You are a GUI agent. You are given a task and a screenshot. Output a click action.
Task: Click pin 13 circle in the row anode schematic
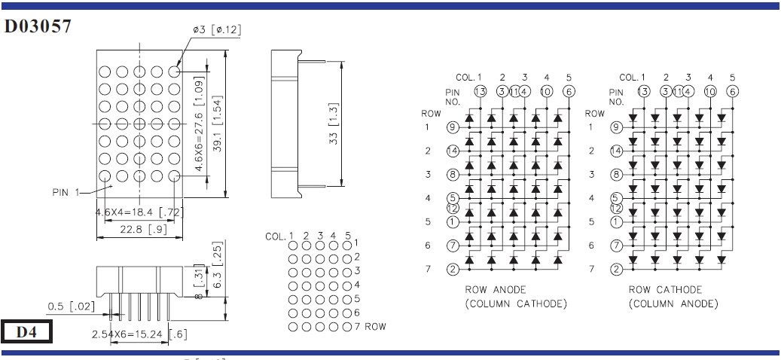(480, 92)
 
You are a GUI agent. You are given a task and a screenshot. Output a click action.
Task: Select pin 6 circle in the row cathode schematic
(731, 92)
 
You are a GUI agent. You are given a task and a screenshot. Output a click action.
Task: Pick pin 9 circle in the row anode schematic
(452, 127)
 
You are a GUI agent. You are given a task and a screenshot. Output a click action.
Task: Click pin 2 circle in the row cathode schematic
(616, 269)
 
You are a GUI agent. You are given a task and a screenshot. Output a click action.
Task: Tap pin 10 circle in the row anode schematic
(546, 92)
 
